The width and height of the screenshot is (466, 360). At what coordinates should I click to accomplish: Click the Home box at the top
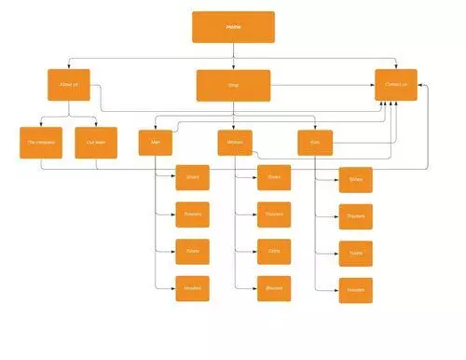[x=233, y=27]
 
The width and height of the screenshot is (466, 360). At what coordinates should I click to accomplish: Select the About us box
[x=69, y=84]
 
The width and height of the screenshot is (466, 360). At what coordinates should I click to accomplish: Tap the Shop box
[x=233, y=85]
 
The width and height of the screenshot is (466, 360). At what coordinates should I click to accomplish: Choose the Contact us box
[x=396, y=84]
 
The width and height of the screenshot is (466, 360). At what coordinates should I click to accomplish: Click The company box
[x=40, y=143]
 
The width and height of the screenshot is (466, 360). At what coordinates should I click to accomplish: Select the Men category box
[x=156, y=143]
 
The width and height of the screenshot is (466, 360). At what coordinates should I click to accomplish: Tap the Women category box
[x=233, y=143]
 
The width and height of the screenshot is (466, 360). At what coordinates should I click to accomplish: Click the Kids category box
[x=315, y=144]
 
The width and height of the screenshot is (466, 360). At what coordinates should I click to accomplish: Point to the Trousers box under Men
[x=192, y=215]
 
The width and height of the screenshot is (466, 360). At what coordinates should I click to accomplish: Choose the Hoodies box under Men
[x=192, y=288]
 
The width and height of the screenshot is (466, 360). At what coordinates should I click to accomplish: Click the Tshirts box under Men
[x=192, y=252]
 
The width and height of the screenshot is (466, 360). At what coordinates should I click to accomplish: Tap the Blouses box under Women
[x=274, y=288]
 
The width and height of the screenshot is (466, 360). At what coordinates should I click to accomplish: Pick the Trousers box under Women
[x=274, y=215]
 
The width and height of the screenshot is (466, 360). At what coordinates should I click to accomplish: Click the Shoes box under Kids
[x=356, y=180]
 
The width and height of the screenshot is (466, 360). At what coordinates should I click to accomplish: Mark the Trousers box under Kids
[x=356, y=216]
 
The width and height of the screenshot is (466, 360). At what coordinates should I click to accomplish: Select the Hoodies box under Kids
[x=356, y=290]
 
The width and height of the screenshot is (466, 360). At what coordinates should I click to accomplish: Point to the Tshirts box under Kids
[x=356, y=254]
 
